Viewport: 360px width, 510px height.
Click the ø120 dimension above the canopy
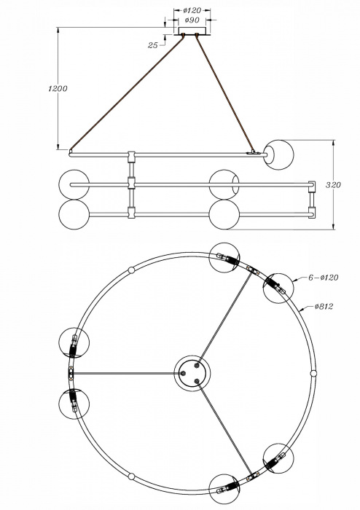(192, 11)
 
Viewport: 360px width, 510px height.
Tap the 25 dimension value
(153, 45)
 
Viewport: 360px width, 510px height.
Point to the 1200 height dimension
(57, 89)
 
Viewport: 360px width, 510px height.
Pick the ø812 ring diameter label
(324, 307)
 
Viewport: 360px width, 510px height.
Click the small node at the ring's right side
(313, 373)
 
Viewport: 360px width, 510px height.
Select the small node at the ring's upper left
(132, 270)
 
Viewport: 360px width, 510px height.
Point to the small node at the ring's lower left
(132, 476)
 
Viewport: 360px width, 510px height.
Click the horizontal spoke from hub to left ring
(124, 373)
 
